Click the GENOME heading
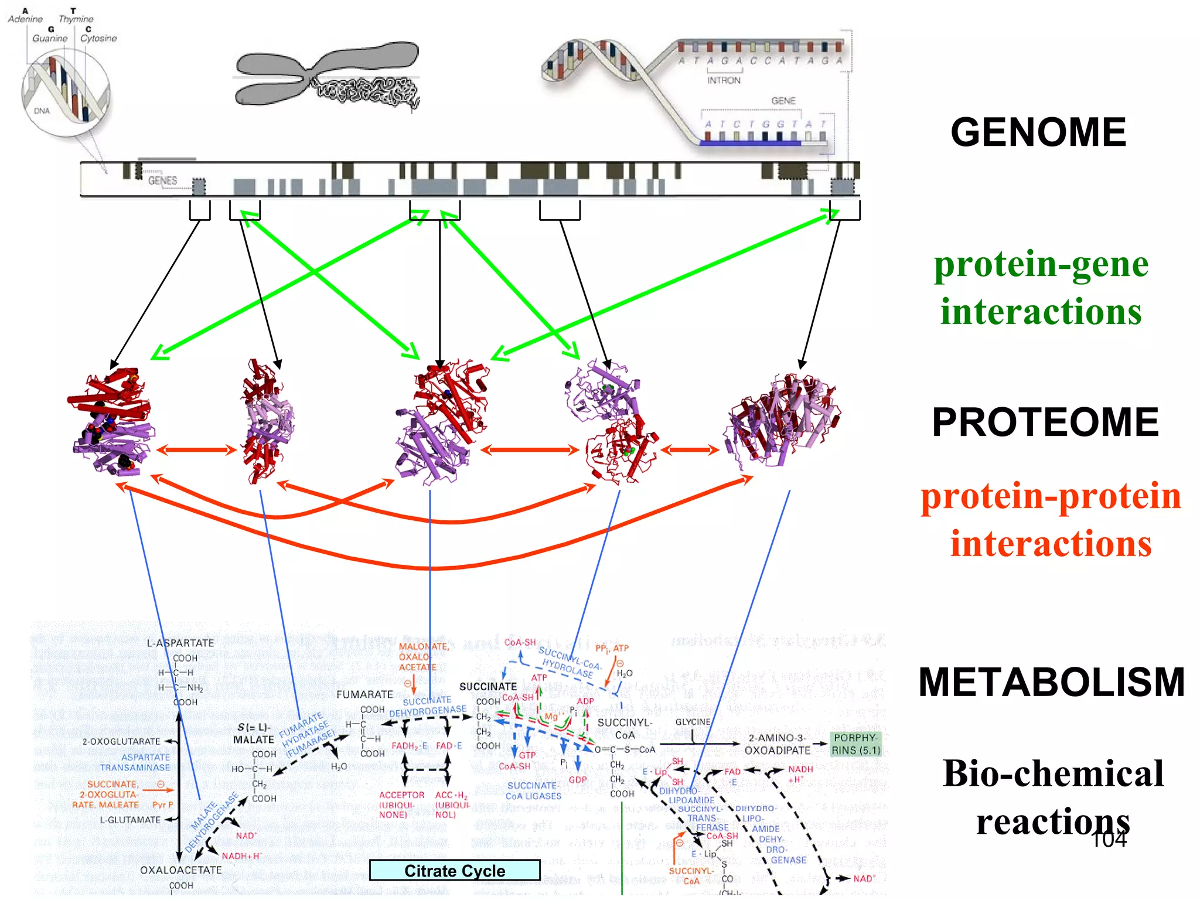[1038, 132]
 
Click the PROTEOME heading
[1045, 422]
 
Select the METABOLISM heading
[1051, 682]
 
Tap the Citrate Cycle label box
[455, 871]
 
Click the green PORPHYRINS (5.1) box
[856, 744]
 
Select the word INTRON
[724, 81]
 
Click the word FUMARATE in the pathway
[364, 694]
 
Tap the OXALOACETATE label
[180, 870]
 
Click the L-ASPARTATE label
[180, 643]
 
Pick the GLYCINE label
[693, 722]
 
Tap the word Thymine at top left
[76, 19]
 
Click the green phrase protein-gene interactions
[1041, 287]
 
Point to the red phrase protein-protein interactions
[1051, 519]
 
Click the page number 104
[1109, 840]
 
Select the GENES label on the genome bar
[162, 180]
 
